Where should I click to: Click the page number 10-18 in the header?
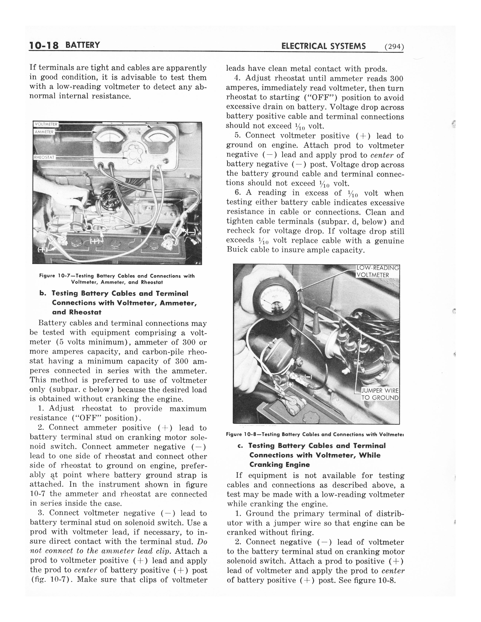(x=44, y=46)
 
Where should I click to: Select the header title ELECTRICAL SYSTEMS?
(x=323, y=46)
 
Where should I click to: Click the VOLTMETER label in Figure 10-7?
(x=46, y=124)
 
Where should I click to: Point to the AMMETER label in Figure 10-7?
(x=44, y=132)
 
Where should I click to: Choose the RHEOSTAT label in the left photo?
(x=45, y=157)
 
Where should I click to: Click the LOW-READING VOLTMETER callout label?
(x=378, y=271)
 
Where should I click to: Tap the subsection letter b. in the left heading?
(x=43, y=293)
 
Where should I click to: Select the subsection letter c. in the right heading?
(x=240, y=446)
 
